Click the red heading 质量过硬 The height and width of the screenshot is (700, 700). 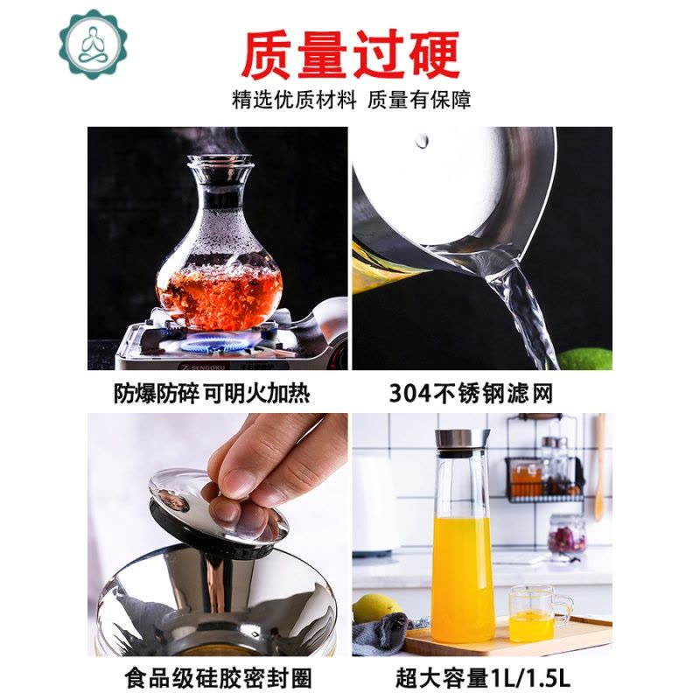pos(351,55)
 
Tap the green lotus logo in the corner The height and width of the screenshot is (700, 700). pos(94,45)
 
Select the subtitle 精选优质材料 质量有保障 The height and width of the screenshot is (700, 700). pos(352,100)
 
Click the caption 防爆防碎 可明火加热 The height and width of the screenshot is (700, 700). pos(212,394)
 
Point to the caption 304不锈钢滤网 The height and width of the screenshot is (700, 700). pos(471,394)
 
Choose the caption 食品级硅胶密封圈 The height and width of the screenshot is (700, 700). pos(218,677)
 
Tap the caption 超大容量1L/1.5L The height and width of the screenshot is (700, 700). pos(483,677)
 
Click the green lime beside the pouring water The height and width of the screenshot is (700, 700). pos(584,359)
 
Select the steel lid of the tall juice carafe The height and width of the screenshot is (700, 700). pos(462,443)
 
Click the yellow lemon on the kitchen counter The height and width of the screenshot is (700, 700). pos(376,608)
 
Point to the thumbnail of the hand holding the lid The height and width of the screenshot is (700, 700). pos(217,535)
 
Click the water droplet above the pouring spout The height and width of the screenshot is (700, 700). pos(422,140)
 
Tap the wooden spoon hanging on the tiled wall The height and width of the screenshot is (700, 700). pos(600,467)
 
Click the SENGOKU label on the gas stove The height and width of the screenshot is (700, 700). pos(204,367)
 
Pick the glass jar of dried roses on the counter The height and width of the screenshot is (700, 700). pos(566,537)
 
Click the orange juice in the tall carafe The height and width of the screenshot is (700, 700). pos(463,578)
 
